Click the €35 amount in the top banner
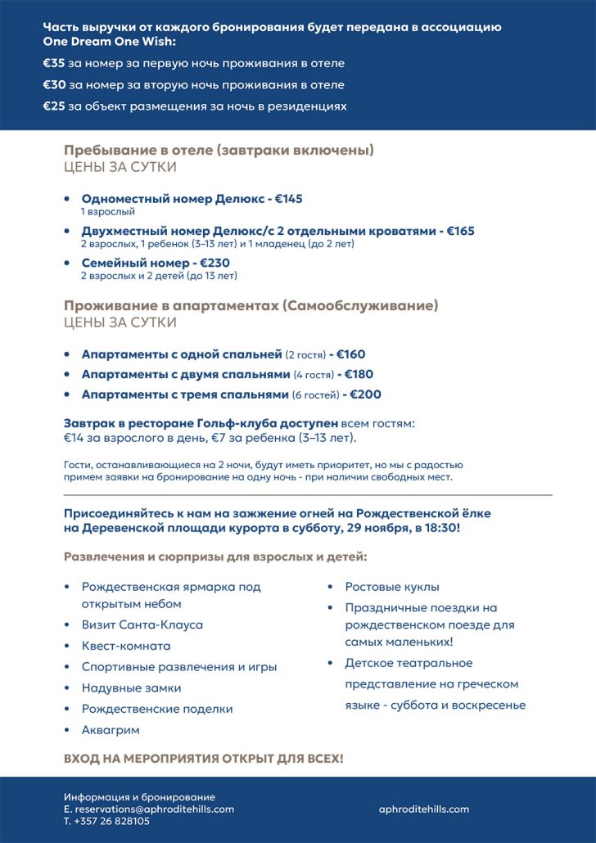54,63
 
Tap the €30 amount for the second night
54,84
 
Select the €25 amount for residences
54,106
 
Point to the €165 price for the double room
460,231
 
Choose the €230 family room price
215,263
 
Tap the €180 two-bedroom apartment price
359,374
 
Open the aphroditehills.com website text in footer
424,809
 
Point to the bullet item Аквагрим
111,729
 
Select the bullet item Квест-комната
126,646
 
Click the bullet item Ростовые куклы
392,587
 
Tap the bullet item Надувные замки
131,687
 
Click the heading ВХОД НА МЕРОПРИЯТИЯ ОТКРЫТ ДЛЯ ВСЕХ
204,759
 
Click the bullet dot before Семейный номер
66,264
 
